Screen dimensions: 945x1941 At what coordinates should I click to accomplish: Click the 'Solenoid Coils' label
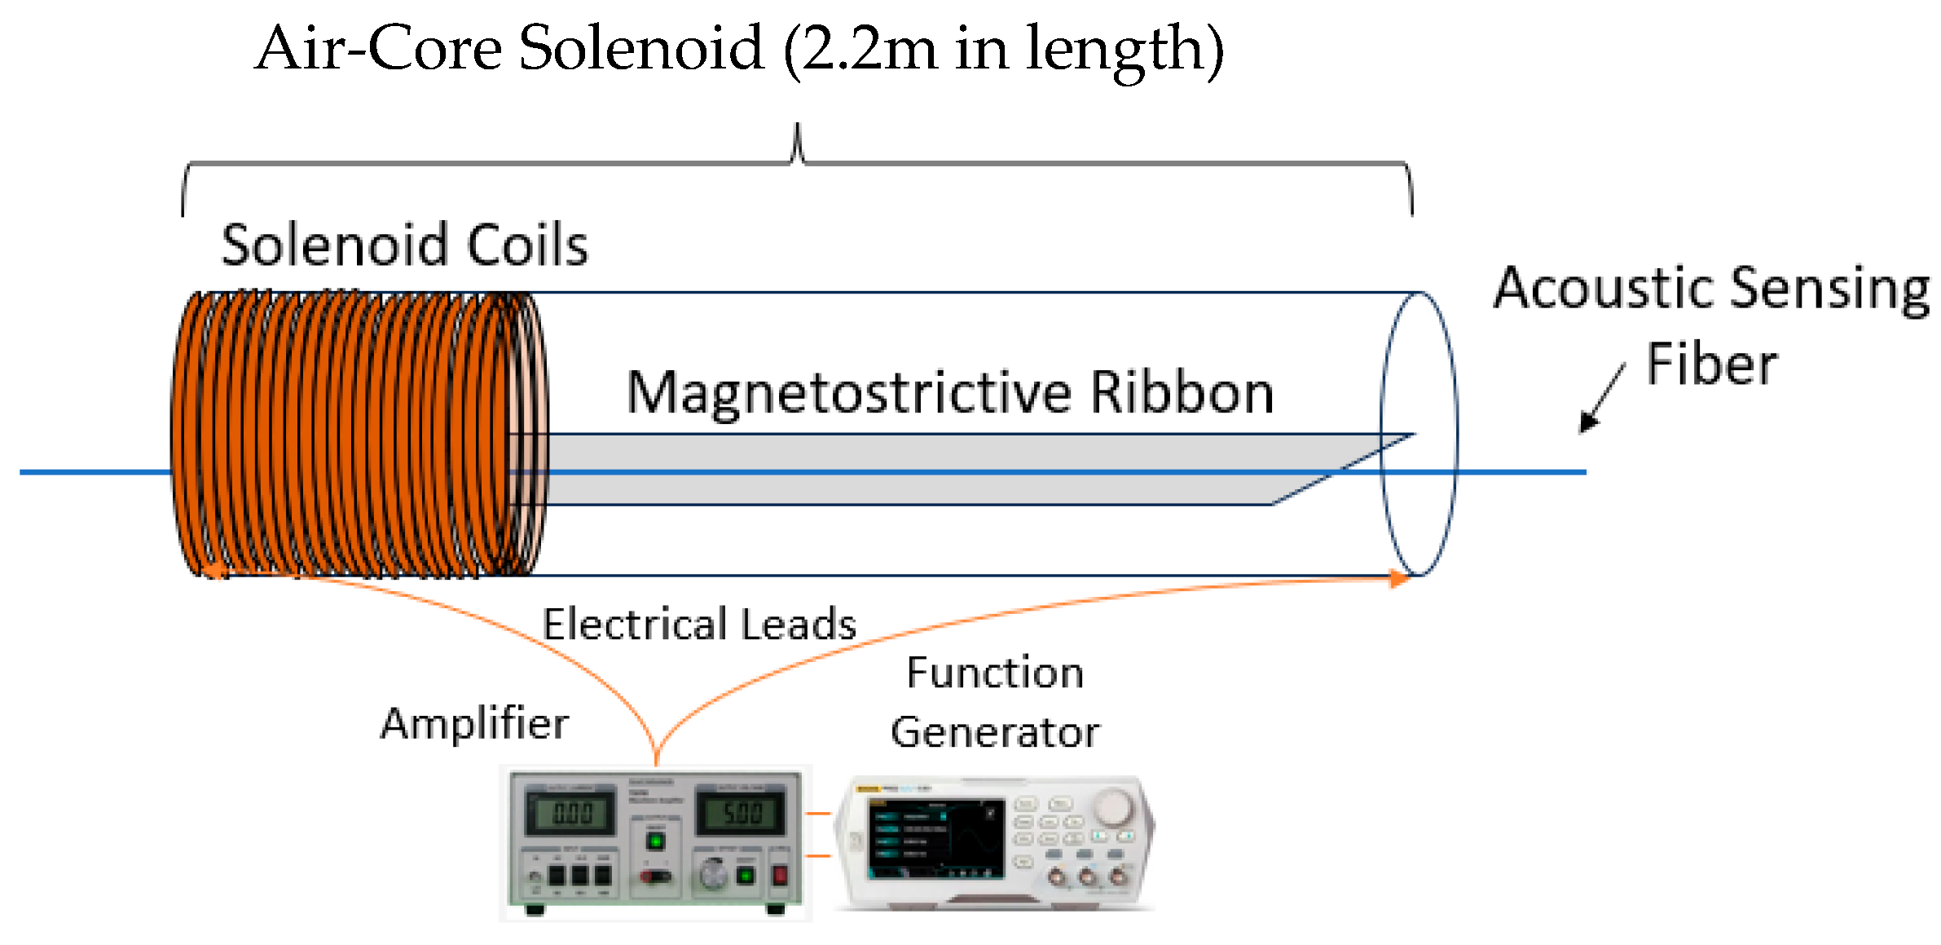pos(404,245)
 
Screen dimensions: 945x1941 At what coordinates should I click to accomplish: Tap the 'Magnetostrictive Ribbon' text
pos(949,394)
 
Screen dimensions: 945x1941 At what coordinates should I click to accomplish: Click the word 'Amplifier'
pos(474,724)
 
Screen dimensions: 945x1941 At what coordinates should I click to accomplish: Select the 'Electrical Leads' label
pos(699,625)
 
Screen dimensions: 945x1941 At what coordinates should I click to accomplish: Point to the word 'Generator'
pos(994,732)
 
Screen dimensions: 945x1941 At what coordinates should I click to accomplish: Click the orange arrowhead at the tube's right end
pos(1398,579)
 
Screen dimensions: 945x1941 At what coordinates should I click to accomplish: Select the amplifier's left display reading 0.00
pos(571,813)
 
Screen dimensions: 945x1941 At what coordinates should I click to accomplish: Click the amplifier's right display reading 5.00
pos(742,812)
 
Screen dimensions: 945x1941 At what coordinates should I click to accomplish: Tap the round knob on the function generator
pos(1112,806)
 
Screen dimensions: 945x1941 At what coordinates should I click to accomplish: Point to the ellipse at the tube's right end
pos(1419,434)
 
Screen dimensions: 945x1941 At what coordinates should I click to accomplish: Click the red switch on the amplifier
pos(779,875)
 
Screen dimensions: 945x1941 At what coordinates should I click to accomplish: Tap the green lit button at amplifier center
pos(654,841)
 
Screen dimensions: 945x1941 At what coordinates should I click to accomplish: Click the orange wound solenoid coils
pos(350,434)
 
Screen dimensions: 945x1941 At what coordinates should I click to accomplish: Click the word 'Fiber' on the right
pos(1711,364)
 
